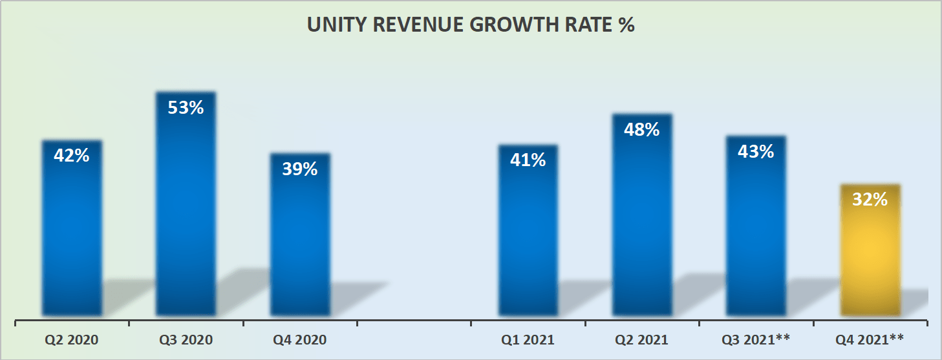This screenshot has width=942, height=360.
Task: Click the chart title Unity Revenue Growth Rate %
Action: pos(471,25)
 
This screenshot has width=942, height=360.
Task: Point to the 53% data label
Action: pos(186,107)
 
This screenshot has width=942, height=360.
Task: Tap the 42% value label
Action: pos(72,156)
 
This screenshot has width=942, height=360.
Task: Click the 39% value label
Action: pos(300,169)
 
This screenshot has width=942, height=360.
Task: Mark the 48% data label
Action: pos(642,129)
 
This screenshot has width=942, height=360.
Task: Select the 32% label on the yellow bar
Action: pos(870,200)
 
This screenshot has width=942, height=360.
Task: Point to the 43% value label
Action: pos(756,152)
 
